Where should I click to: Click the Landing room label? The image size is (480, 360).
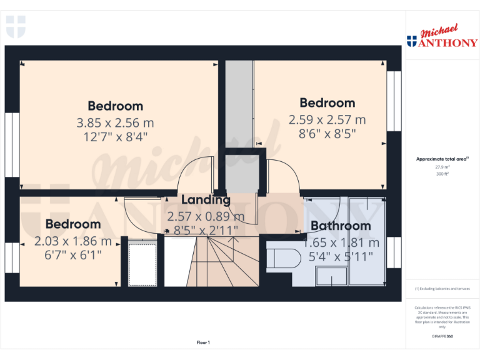click(x=206, y=200)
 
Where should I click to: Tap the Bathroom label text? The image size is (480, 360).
click(x=341, y=226)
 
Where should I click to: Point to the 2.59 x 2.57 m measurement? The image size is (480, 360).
click(x=327, y=119)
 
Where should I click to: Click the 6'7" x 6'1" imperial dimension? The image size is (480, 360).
click(x=72, y=255)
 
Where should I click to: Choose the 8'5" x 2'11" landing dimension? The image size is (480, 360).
click(x=206, y=230)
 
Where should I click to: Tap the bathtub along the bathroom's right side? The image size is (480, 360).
click(x=367, y=241)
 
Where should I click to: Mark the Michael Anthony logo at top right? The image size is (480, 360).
click(x=442, y=37)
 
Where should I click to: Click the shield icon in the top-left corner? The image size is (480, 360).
click(x=16, y=27)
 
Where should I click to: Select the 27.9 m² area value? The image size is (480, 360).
click(x=442, y=167)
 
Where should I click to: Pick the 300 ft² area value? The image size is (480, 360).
click(x=442, y=174)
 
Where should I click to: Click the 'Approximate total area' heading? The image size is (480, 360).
click(x=441, y=159)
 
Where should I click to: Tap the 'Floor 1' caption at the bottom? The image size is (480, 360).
click(x=203, y=342)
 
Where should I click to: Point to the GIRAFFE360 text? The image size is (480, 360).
click(x=442, y=337)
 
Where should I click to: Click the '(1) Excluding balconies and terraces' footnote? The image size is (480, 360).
click(x=442, y=289)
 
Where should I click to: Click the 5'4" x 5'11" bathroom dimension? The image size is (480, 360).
click(x=341, y=255)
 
